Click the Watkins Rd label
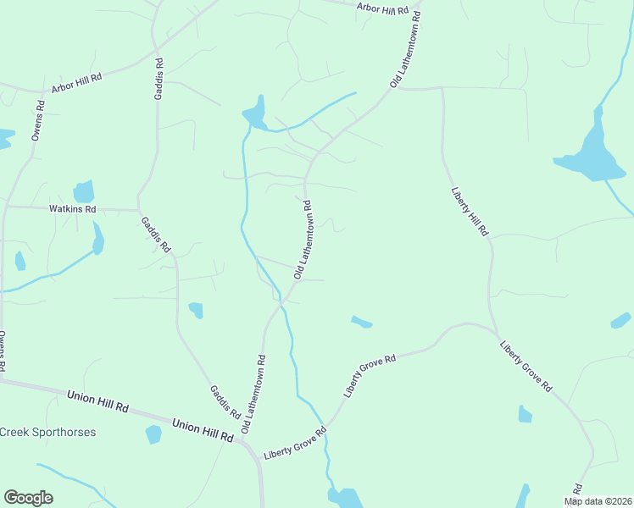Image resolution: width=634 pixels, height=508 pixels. tap(73, 208)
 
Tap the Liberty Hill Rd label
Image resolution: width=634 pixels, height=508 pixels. tap(469, 206)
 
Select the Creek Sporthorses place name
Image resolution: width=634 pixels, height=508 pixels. tap(47, 432)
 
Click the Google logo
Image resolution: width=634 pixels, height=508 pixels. tap(28, 498)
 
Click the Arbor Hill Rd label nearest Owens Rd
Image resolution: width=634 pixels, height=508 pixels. tap(76, 82)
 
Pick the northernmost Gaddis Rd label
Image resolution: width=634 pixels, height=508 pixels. tap(158, 78)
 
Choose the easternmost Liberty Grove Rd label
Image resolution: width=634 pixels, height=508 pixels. tap(526, 366)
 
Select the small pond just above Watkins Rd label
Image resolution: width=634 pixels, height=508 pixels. tap(84, 191)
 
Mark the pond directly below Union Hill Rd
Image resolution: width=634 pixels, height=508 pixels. tap(153, 434)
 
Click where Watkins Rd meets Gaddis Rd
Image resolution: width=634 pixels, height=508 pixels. tap(139, 209)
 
